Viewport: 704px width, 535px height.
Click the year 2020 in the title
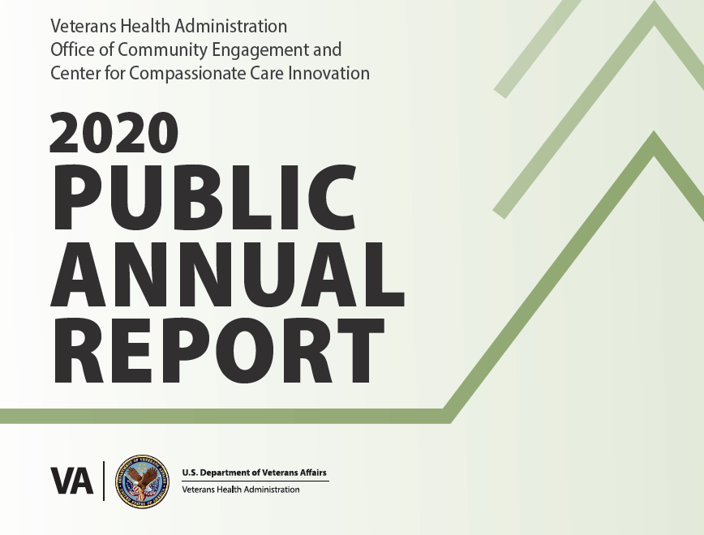click(x=114, y=132)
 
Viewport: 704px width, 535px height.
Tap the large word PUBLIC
click(x=205, y=197)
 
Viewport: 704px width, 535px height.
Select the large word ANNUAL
click(x=228, y=274)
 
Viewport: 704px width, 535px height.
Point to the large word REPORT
click(x=219, y=351)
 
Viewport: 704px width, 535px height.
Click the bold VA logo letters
click(x=72, y=481)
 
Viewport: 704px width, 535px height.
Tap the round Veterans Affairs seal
click(x=142, y=481)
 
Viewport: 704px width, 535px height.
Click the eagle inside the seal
click(x=142, y=480)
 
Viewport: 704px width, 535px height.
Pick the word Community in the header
click(x=162, y=49)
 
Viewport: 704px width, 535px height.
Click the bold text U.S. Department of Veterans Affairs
click(x=254, y=473)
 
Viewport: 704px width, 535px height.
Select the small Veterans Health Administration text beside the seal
click(x=241, y=490)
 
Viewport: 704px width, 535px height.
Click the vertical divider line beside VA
click(x=104, y=481)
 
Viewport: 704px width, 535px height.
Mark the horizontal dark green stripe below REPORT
click(x=225, y=416)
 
